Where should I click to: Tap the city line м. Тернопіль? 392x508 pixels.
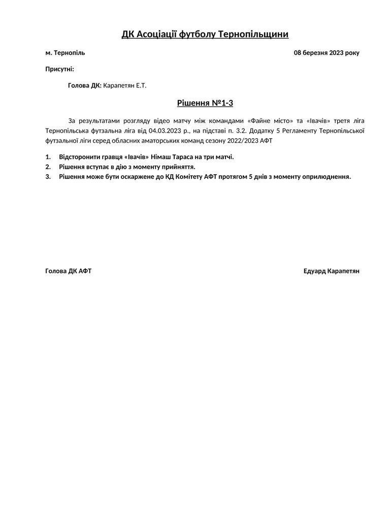[x=65, y=53]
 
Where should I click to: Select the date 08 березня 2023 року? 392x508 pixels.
[x=326, y=53]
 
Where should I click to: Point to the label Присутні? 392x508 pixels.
[x=59, y=69]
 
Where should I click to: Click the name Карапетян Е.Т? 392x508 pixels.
[x=124, y=86]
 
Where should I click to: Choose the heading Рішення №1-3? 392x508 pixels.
[x=205, y=104]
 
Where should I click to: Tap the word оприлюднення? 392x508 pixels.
[x=326, y=177]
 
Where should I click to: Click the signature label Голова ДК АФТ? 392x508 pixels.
[x=68, y=271]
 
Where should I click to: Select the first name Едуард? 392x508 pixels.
[x=314, y=271]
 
